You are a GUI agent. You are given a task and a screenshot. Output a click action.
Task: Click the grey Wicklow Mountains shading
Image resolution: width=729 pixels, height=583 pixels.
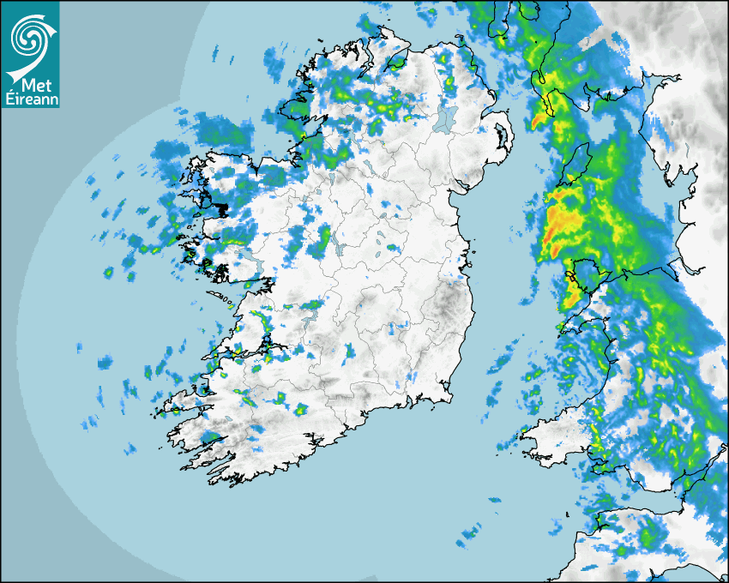pos(450,304)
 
